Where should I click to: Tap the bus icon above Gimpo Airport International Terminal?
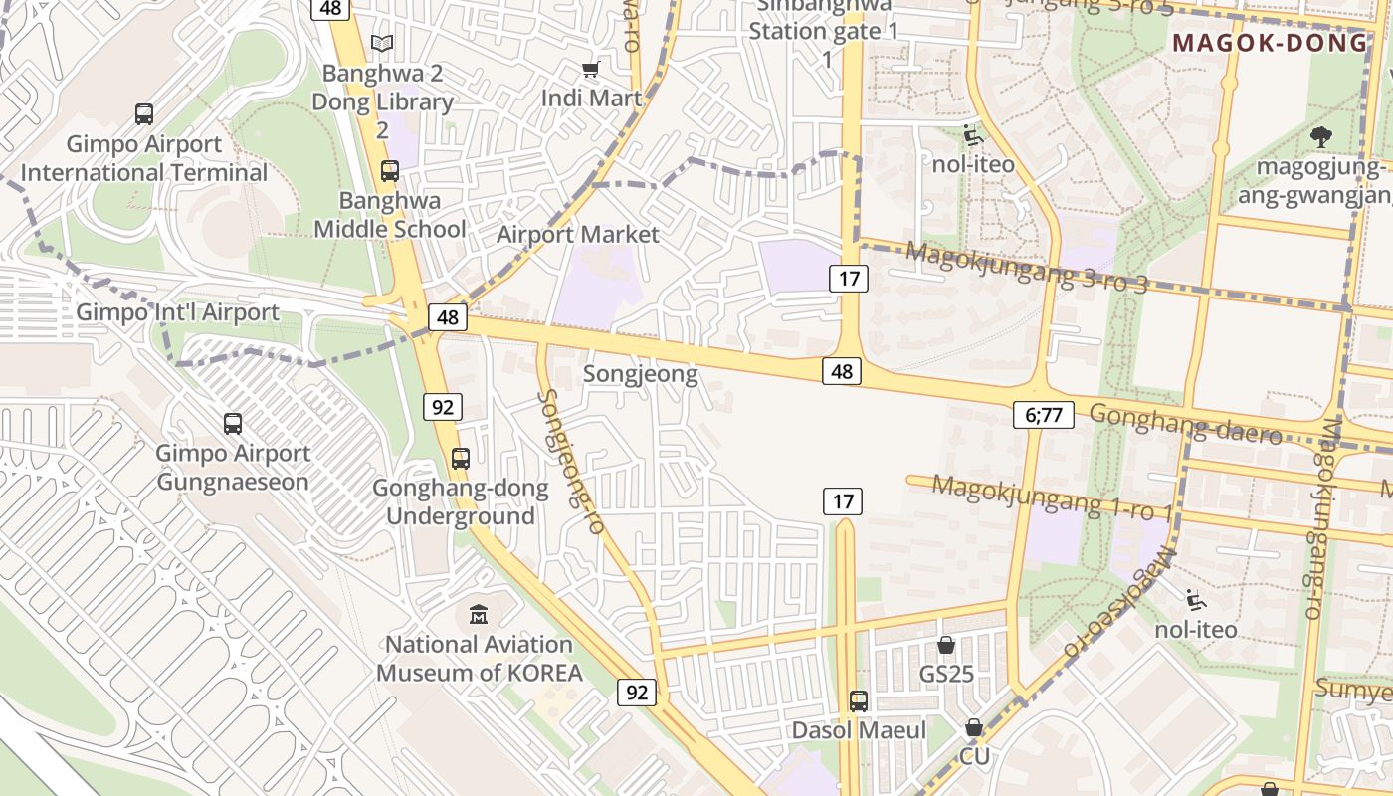(144, 114)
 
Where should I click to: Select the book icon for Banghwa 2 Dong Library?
(382, 43)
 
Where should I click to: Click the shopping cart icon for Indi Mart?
(591, 69)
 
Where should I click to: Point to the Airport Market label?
(578, 235)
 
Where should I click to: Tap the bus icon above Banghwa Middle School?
(390, 171)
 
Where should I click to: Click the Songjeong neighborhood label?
(640, 375)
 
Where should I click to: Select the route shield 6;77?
(1043, 415)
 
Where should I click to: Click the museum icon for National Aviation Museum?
(479, 614)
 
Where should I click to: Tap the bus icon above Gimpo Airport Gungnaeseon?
(233, 424)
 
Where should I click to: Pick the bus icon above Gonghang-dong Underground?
(461, 459)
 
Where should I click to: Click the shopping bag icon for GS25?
(946, 645)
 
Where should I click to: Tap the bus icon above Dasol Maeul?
(859, 701)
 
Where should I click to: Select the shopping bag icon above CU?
(974, 727)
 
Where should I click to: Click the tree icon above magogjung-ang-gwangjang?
(1320, 136)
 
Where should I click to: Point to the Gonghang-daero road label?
(1185, 424)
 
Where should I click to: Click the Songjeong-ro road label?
(571, 462)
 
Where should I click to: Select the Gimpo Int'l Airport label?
(178, 312)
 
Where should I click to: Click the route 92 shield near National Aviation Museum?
(637, 692)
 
